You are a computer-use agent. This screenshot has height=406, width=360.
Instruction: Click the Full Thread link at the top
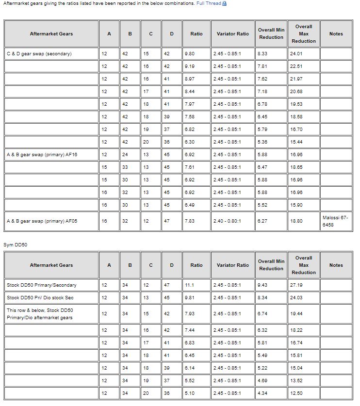(209, 3)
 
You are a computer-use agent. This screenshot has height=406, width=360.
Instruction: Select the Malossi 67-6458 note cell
(335, 221)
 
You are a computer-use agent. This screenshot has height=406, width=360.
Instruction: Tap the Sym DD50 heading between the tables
(16, 245)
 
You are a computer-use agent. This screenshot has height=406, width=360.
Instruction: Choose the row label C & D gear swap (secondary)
(39, 53)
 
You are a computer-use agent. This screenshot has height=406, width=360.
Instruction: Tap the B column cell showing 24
(130, 154)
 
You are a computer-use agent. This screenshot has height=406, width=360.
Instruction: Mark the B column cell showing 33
(130, 167)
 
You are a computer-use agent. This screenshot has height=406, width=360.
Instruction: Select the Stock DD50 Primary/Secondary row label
(42, 285)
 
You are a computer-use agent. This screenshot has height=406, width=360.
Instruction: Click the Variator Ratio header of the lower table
(233, 265)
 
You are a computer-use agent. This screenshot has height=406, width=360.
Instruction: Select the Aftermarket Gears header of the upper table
(51, 34)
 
